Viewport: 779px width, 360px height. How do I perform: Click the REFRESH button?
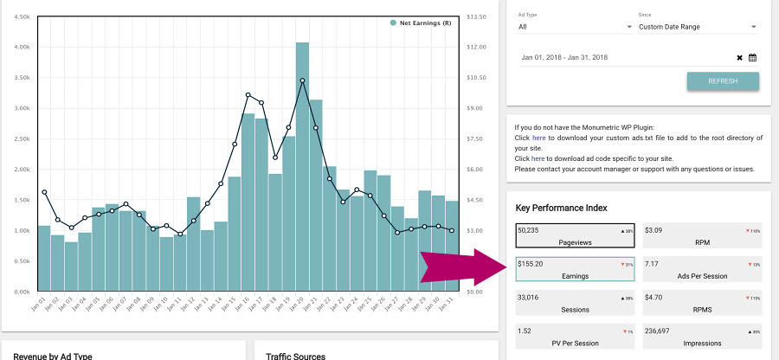point(723,81)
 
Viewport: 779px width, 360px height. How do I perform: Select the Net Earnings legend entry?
point(421,22)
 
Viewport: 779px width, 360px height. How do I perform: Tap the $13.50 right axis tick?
point(475,16)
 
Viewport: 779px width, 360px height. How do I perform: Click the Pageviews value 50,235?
point(534,230)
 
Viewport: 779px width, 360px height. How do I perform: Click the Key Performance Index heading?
point(561,208)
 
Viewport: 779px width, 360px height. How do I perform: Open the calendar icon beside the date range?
point(753,58)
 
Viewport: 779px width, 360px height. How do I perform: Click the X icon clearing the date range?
point(739,58)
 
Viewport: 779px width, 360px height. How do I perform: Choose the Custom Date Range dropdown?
point(698,27)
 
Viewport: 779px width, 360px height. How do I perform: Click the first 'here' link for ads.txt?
point(538,138)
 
